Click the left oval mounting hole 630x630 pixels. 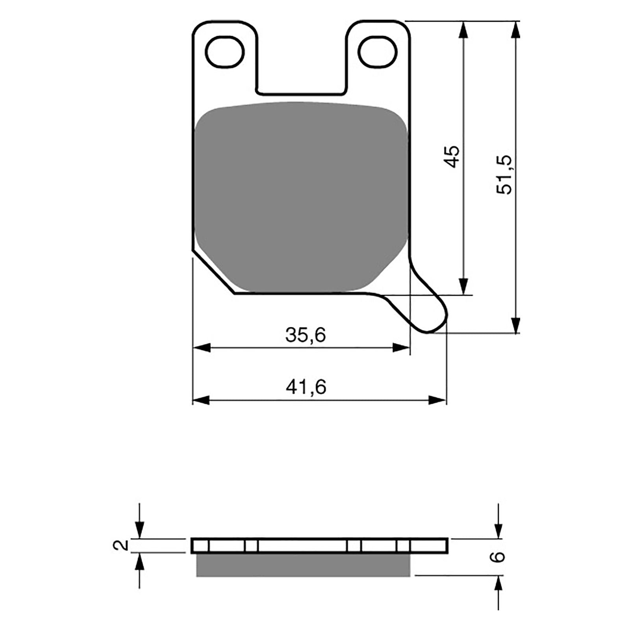coord(225,52)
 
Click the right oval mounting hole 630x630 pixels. coord(377,52)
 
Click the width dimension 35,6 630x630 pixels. coord(306,335)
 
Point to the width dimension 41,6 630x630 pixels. coord(306,387)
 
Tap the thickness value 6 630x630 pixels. coord(499,556)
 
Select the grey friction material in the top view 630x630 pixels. coord(301,197)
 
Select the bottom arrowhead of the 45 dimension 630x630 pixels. coord(463,285)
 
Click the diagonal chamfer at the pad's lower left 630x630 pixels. coord(213,272)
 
